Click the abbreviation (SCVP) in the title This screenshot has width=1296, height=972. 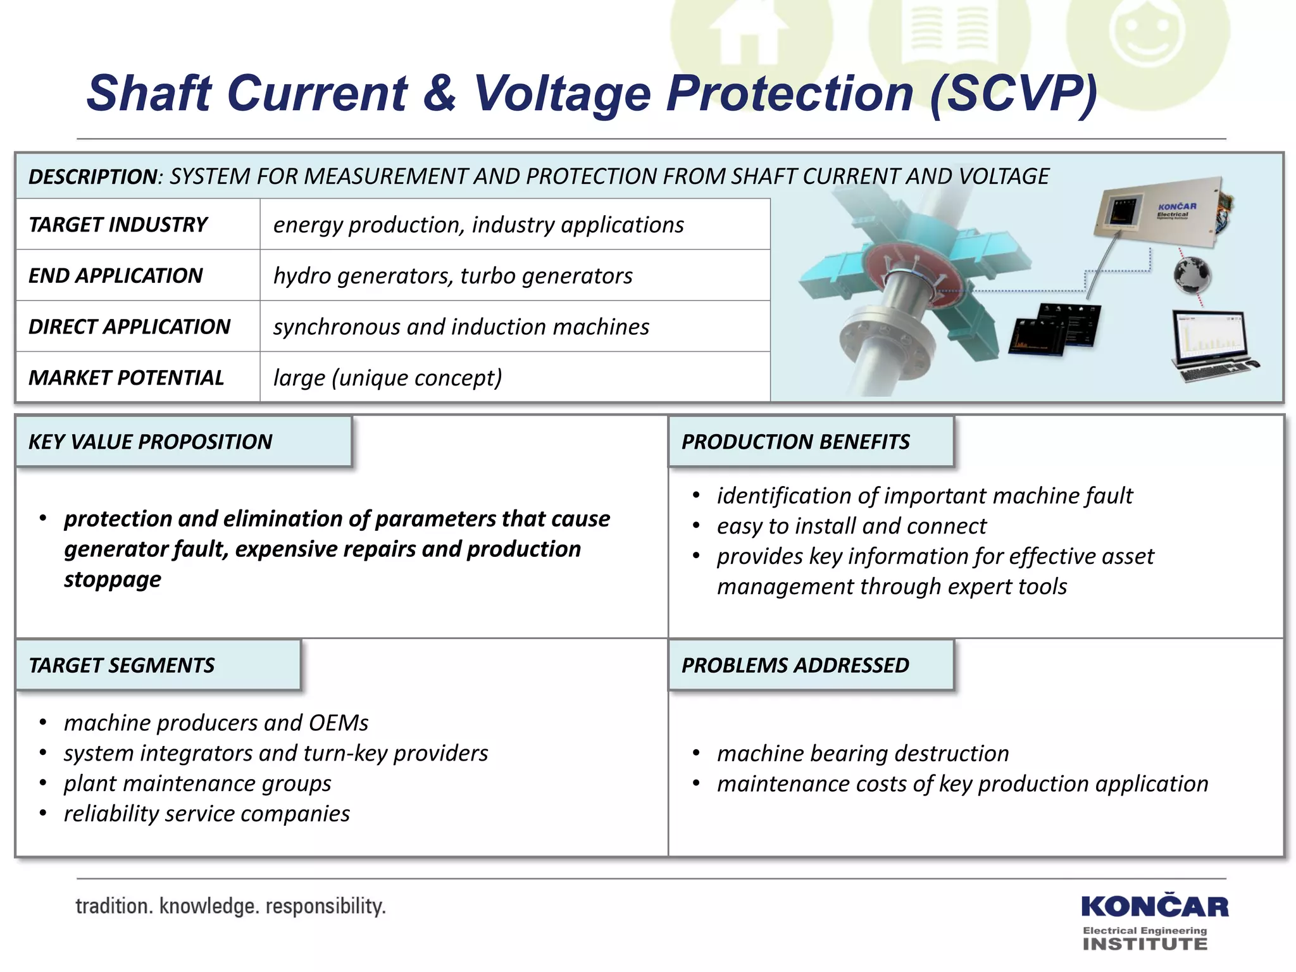(x=1012, y=94)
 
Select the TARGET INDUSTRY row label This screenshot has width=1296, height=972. (x=118, y=225)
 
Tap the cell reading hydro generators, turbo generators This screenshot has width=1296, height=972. (x=452, y=276)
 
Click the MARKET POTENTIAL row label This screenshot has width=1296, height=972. (x=126, y=378)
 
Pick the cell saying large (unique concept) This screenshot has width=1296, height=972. (x=387, y=378)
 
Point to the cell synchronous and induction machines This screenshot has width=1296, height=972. (x=461, y=327)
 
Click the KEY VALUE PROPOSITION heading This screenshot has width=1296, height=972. (x=151, y=442)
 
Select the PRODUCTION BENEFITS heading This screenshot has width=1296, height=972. (x=795, y=442)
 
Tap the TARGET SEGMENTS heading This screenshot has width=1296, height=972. (x=121, y=665)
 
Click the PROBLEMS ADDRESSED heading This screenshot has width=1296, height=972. (x=795, y=665)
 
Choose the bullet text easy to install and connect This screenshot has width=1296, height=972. (x=851, y=526)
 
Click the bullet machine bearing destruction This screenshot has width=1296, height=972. (x=863, y=754)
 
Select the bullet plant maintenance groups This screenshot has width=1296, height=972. (x=197, y=783)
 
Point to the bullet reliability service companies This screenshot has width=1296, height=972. (x=206, y=814)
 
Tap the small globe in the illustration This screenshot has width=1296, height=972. (x=1192, y=275)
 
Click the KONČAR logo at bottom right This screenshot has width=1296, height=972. (x=1154, y=907)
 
